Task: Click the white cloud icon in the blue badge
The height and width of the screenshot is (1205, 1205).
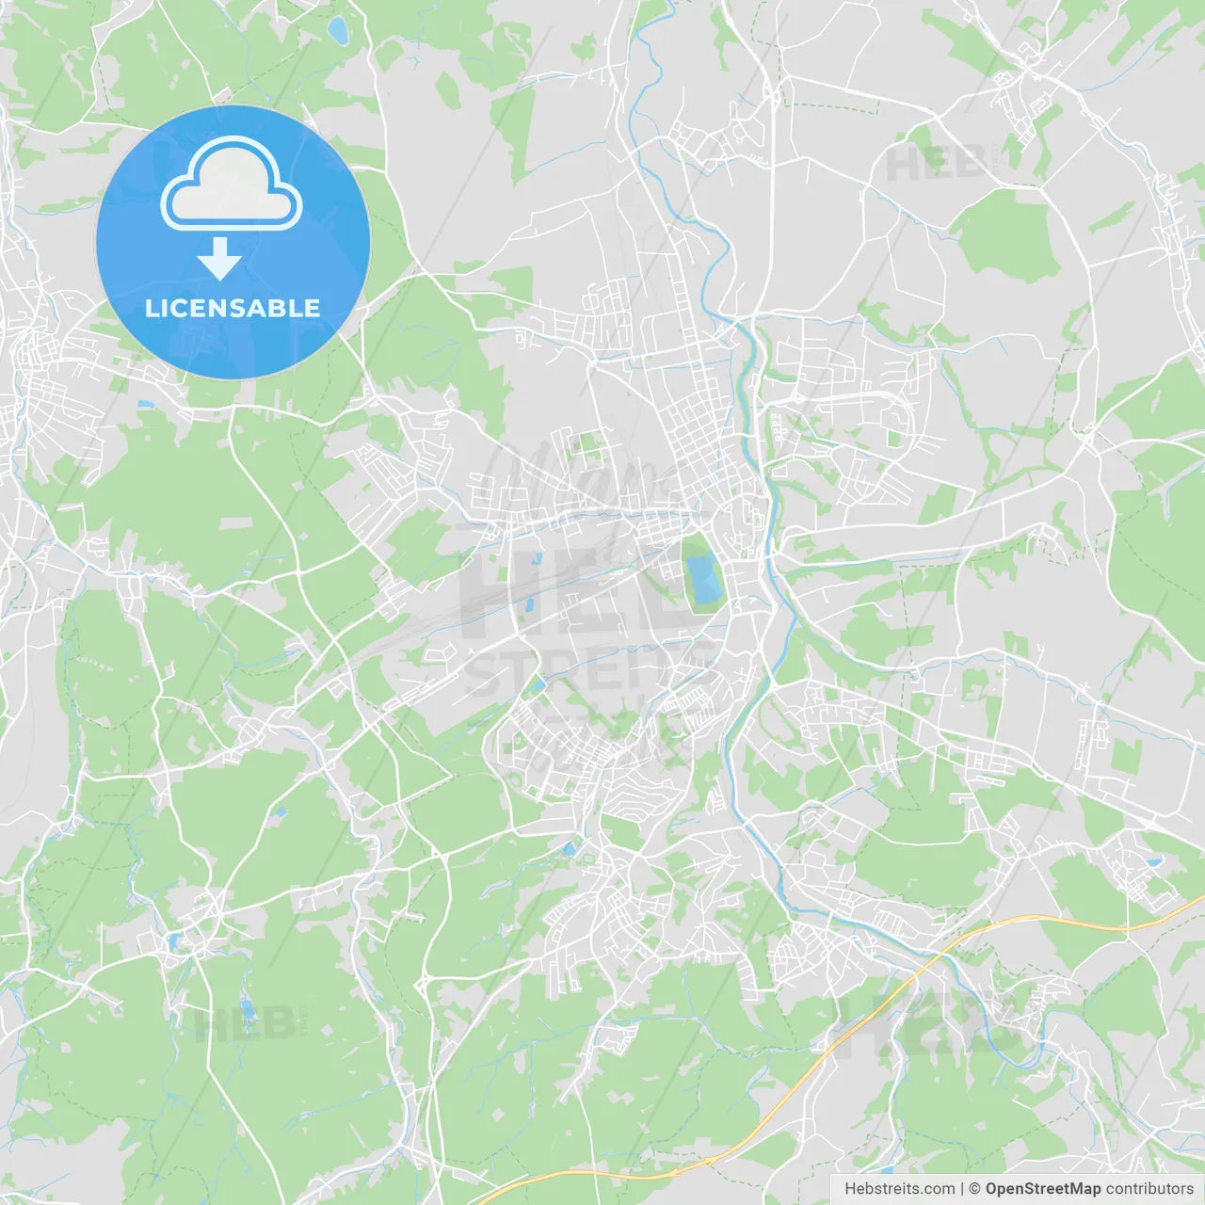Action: point(232,185)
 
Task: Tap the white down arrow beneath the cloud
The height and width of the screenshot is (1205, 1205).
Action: point(219,260)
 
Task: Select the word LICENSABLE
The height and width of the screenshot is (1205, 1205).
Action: point(232,308)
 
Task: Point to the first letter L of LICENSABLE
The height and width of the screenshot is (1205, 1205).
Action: point(151,308)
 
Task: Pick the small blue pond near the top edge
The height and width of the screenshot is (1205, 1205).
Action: point(337,31)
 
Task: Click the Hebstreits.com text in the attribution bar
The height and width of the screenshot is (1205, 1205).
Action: point(899,1189)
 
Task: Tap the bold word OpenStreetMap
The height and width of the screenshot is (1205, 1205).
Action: point(1042,1189)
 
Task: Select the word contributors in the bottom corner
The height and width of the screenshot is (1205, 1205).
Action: point(1149,1189)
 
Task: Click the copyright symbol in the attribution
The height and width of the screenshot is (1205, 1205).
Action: point(974,1189)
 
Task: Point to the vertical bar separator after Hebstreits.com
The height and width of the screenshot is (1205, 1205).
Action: point(962,1189)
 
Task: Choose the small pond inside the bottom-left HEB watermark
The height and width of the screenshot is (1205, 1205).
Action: point(248,1011)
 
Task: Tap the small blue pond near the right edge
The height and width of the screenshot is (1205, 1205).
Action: point(1153,861)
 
